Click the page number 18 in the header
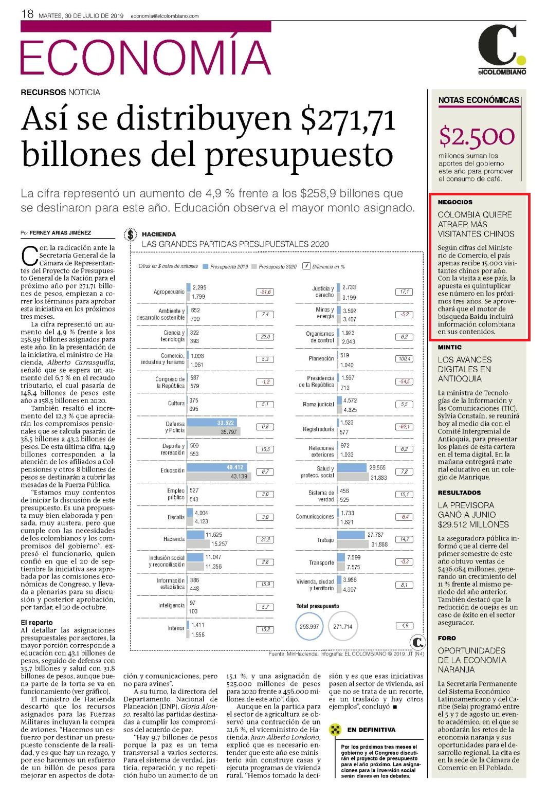point(27,14)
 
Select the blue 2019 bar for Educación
point(217,467)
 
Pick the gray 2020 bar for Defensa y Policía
point(214,432)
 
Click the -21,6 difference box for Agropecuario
point(265,292)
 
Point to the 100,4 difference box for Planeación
point(405,359)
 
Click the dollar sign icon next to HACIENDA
point(131,234)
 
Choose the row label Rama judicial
point(318,405)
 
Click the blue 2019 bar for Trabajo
point(351,535)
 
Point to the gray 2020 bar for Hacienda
point(198,544)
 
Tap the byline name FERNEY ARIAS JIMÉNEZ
point(60,233)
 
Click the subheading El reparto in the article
point(37,623)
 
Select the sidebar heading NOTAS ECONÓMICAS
point(479,100)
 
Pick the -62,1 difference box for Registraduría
point(405,427)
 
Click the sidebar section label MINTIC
point(450,347)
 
